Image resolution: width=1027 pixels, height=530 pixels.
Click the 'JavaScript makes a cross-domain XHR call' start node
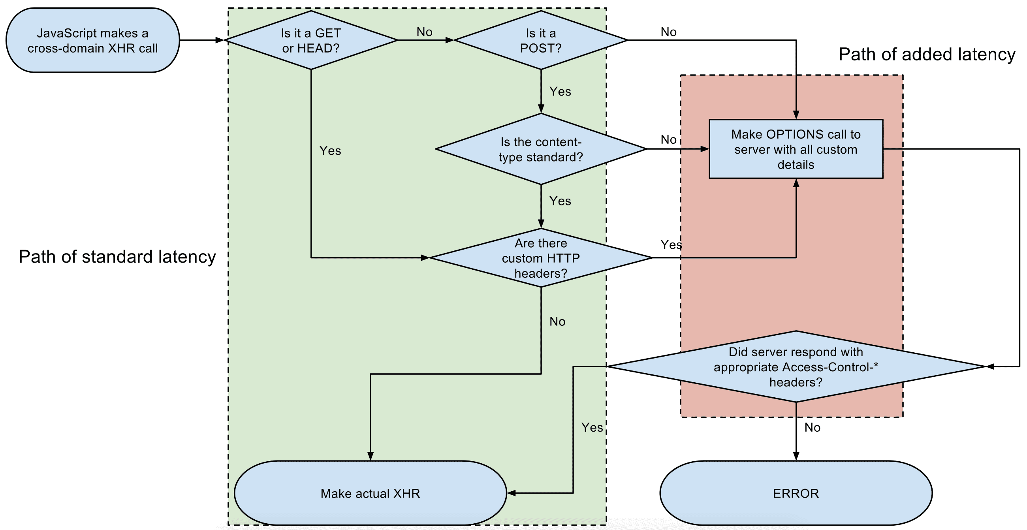click(92, 40)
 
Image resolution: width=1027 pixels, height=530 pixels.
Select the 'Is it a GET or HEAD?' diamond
click(311, 40)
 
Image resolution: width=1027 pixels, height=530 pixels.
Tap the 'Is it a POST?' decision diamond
click(541, 40)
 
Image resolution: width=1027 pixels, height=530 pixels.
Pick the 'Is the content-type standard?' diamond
click(541, 149)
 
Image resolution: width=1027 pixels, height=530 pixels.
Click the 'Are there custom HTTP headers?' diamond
click(541, 258)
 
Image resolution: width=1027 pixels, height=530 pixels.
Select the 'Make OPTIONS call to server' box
click(796, 149)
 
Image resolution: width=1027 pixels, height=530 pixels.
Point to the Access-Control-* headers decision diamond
click(796, 367)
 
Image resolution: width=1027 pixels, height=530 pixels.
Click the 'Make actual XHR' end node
click(371, 493)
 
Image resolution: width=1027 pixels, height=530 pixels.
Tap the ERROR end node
click(796, 493)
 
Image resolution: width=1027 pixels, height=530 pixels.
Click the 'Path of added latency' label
click(927, 55)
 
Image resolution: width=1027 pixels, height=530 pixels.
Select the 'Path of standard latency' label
click(117, 257)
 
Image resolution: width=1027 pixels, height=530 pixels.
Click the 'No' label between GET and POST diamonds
click(424, 32)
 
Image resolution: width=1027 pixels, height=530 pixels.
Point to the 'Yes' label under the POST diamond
click(560, 92)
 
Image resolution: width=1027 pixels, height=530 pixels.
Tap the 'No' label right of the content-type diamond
click(669, 139)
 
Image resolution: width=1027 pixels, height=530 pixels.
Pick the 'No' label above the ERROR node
click(812, 428)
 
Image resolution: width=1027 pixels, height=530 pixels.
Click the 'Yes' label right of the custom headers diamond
click(671, 245)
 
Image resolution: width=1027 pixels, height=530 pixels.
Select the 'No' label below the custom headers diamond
click(557, 321)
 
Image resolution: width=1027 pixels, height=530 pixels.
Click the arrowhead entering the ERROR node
click(796, 457)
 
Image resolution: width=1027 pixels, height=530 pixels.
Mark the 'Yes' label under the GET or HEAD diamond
click(330, 150)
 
